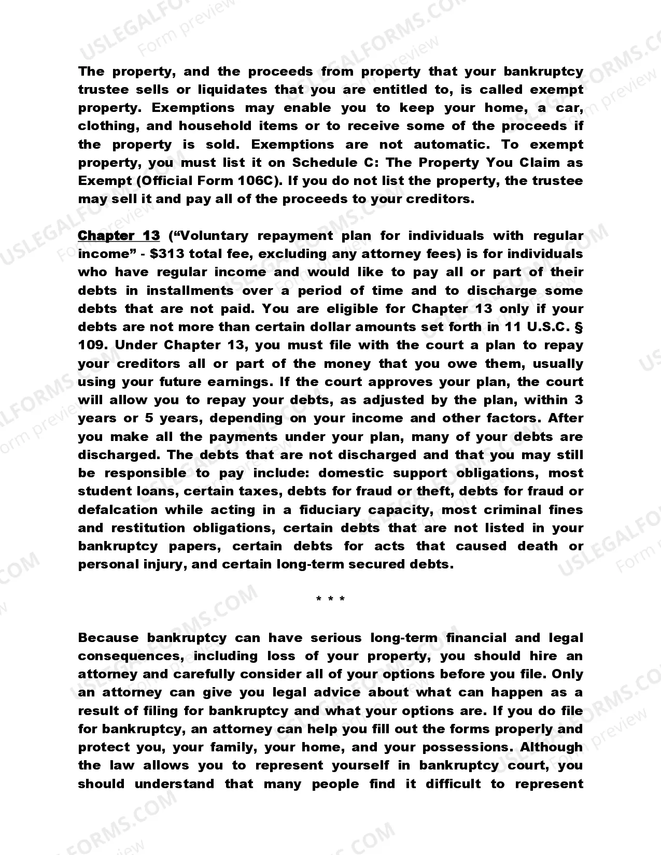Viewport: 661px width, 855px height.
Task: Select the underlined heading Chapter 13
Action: (119, 236)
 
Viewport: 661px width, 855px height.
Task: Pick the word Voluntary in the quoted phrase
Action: (213, 236)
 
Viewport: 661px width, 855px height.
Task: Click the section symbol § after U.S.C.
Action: (580, 327)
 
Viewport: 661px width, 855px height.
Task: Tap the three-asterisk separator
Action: (330, 600)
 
